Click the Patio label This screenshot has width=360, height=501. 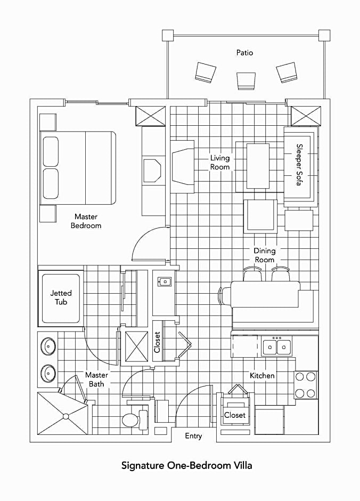point(244,52)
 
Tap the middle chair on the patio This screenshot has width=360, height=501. point(246,81)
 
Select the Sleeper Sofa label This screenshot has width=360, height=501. point(299,165)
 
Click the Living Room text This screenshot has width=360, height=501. point(219,163)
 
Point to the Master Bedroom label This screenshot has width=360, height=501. point(86,221)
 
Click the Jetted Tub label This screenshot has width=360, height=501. point(61,297)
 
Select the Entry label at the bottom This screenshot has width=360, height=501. point(193,436)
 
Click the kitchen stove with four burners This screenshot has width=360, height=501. point(306,385)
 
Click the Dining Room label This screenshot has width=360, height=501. point(264,255)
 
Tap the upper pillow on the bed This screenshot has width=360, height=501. point(51,151)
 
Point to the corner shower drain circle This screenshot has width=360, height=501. point(66,416)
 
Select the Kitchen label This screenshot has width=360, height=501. point(262,375)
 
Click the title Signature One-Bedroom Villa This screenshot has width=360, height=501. point(187,465)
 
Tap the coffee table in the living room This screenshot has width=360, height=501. point(258,166)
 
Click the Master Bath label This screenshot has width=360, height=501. point(96,379)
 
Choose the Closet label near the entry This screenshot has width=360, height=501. point(234,415)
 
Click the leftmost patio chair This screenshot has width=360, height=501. point(205,72)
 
